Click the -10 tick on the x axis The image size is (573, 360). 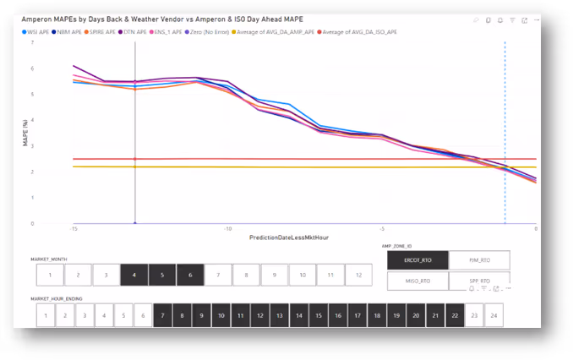click(x=227, y=229)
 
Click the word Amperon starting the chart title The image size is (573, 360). click(x=37, y=18)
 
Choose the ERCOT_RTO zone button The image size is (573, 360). click(x=417, y=260)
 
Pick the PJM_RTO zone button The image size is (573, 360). click(x=479, y=260)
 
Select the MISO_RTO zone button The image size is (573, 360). click(x=417, y=281)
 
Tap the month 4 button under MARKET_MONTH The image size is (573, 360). click(x=134, y=275)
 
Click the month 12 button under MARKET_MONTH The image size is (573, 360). click(x=358, y=275)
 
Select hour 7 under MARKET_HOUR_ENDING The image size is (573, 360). click(x=162, y=315)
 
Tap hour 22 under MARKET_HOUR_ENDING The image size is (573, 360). click(x=456, y=315)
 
